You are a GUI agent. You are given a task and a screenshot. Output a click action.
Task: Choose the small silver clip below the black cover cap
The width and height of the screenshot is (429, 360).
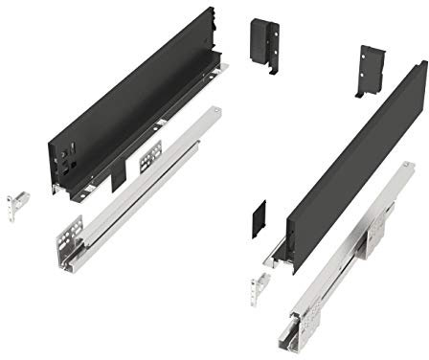tap(259, 282)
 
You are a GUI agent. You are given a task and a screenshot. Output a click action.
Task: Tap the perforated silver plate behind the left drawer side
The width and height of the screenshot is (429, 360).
tap(151, 156)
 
